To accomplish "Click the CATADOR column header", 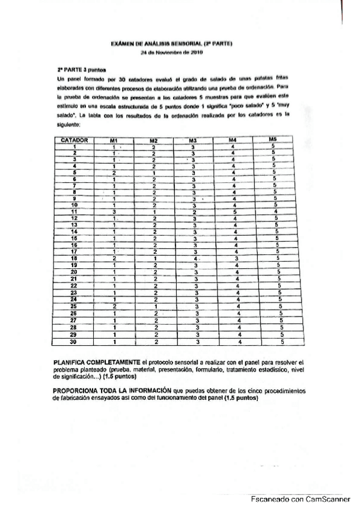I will pos(75,140).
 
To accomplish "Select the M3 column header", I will pos(194,140).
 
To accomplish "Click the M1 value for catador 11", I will pos(114,212).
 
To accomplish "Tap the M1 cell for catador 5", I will pos(114,173).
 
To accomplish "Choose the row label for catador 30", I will pos(75,342).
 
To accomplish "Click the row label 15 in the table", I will pos(75,238).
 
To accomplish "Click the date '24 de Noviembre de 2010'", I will pos(171,53).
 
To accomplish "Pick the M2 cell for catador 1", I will pos(154,146).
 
